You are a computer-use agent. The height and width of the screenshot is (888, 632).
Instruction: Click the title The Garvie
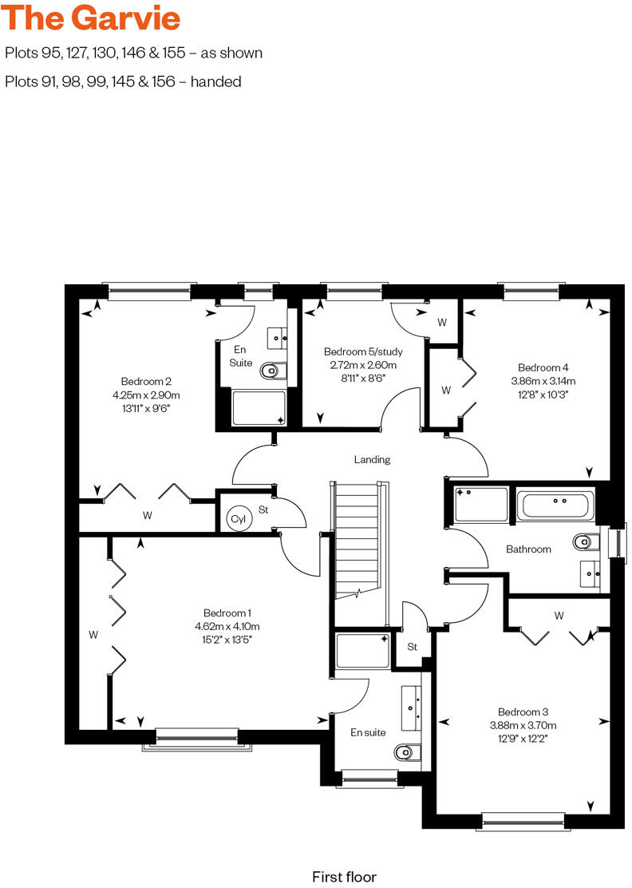[x=93, y=18]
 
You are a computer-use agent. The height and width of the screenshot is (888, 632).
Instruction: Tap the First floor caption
[x=344, y=876]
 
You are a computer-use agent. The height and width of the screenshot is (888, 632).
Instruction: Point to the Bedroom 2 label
[x=146, y=381]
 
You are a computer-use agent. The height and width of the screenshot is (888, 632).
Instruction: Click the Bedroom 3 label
[x=523, y=712]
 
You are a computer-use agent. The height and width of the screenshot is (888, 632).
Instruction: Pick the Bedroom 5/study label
[x=363, y=351]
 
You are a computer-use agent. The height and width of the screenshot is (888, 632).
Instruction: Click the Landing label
[x=372, y=459]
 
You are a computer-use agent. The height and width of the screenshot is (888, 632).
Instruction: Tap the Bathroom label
[x=528, y=549]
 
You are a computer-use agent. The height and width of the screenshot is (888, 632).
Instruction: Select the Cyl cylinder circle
[x=238, y=518]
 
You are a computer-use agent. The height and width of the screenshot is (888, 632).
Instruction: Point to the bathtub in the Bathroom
[x=555, y=504]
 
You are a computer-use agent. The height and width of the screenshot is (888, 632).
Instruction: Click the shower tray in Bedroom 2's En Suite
[x=258, y=407]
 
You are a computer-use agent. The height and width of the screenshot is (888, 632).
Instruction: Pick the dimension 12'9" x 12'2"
[x=523, y=738]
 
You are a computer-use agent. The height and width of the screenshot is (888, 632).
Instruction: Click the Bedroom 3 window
[x=523, y=818]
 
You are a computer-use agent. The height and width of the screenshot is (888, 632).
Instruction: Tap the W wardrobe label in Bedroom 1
[x=93, y=635]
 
